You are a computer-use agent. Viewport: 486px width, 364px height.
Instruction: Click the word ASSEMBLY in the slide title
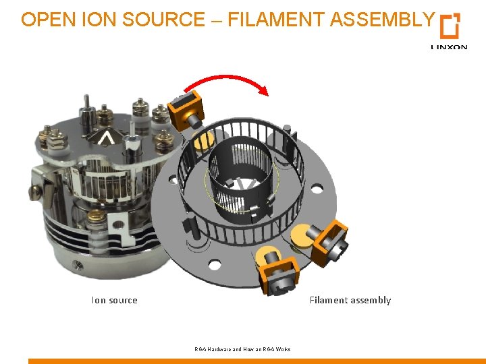point(381,20)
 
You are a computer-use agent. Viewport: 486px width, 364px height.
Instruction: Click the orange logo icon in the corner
point(450,26)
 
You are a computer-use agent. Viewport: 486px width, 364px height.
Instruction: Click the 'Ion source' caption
point(114,301)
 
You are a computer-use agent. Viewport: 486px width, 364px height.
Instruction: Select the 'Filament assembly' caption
point(350,301)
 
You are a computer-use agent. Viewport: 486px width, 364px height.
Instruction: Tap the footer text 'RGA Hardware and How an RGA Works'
point(242,349)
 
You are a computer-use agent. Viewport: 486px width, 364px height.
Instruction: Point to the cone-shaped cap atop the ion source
point(106,138)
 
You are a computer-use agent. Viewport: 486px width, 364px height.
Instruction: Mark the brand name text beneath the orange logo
point(448,47)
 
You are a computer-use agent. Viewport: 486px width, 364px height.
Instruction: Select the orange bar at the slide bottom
point(256,361)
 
